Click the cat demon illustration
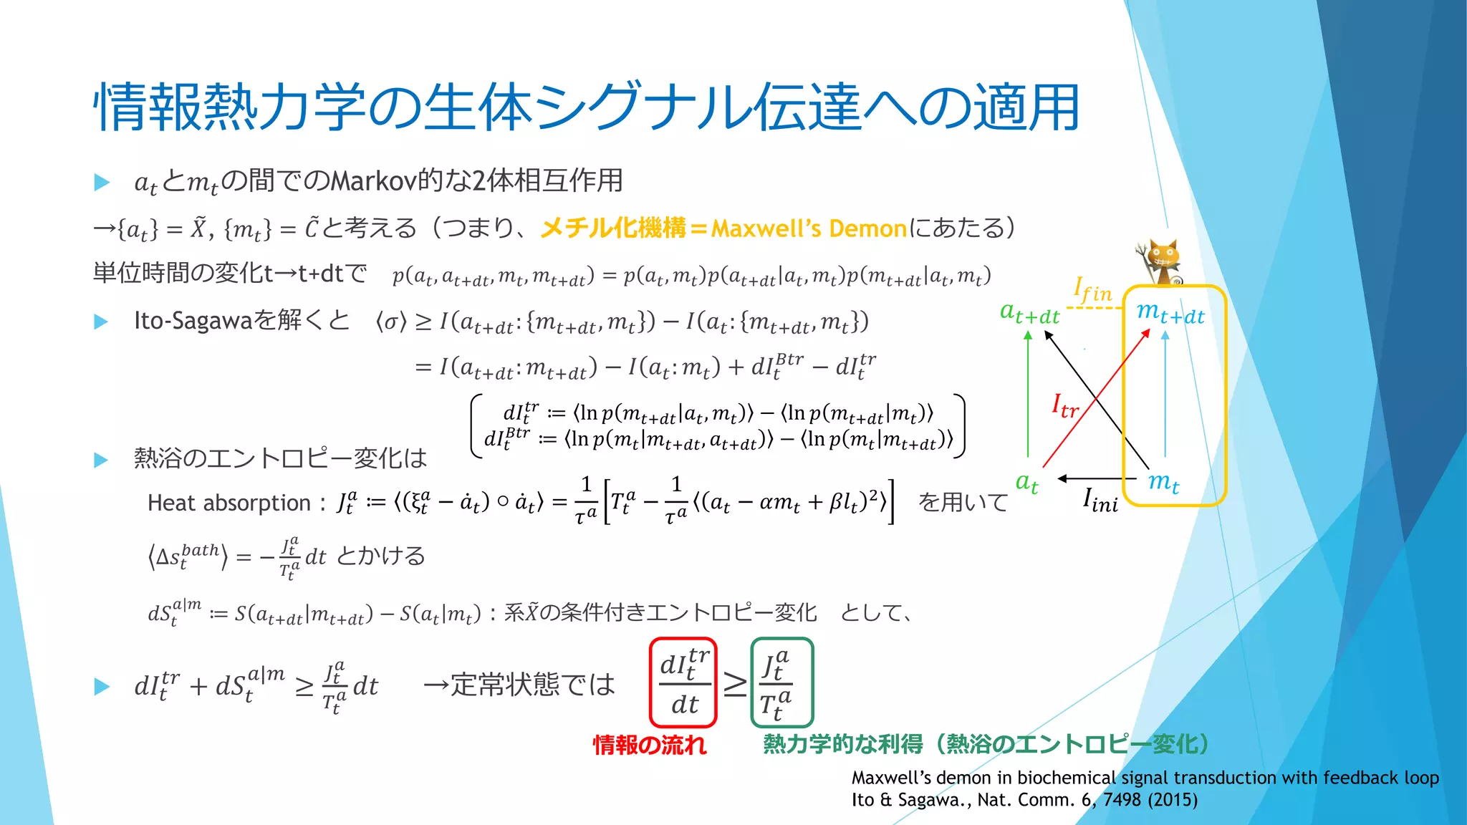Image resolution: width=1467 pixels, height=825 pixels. click(x=1160, y=262)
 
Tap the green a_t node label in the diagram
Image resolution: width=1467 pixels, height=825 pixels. click(x=1027, y=483)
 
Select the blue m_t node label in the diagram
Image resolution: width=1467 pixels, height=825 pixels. click(x=1163, y=482)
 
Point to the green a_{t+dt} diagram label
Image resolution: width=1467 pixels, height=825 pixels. click(x=1029, y=313)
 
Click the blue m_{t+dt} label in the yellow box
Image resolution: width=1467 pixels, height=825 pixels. click(x=1170, y=312)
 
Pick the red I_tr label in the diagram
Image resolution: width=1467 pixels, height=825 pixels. click(x=1064, y=406)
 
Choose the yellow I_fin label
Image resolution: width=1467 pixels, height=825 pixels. click(x=1092, y=290)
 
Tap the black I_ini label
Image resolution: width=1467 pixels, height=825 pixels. click(x=1100, y=500)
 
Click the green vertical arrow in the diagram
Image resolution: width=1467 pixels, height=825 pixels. click(x=1028, y=394)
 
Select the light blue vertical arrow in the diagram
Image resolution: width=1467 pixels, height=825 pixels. click(x=1165, y=394)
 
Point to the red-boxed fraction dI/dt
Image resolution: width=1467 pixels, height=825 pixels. click(x=684, y=682)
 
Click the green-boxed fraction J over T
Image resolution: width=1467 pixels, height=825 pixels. click(x=781, y=682)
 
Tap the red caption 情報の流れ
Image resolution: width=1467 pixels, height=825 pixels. click(x=650, y=745)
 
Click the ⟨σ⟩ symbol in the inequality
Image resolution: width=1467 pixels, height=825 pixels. click(x=391, y=322)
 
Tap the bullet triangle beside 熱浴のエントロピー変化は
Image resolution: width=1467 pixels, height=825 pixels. click(x=101, y=460)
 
